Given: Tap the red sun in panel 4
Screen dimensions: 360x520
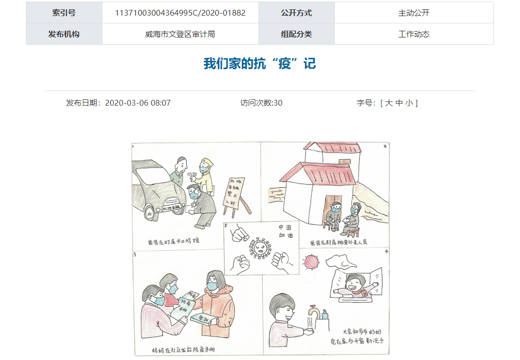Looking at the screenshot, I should [311, 261].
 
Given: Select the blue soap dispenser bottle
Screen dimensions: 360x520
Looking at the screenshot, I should [324, 315].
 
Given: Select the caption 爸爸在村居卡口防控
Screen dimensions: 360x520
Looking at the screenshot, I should [174, 241].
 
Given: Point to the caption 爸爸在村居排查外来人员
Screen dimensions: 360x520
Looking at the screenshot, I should [339, 242].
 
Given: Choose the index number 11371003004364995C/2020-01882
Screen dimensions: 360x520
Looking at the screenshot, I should [180, 13].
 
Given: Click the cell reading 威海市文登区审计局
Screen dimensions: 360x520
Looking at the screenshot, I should [180, 34].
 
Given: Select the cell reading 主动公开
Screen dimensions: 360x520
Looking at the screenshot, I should [414, 13].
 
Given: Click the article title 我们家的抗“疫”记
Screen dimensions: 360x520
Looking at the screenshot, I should [259, 64].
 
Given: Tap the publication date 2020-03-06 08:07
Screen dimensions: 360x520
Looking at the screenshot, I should [138, 103].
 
